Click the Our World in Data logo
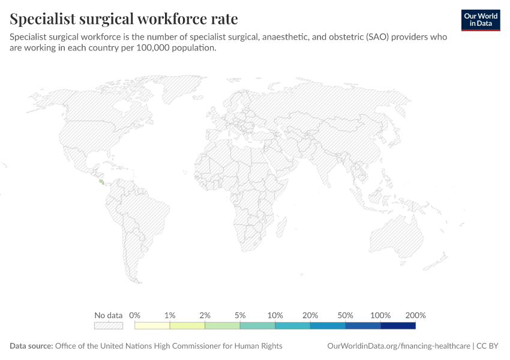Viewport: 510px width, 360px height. [481, 20]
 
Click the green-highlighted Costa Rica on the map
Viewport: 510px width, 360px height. [102, 182]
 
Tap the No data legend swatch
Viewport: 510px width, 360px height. [109, 326]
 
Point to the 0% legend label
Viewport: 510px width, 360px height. [134, 315]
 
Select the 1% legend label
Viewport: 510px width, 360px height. [170, 315]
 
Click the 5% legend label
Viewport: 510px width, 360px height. [240, 315]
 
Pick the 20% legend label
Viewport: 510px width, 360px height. [310, 315]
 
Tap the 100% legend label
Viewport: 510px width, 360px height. [380, 315]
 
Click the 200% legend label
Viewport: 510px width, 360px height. [415, 315]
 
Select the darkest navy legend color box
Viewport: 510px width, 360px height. [398, 326]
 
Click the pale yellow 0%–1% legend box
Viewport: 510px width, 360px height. [152, 326]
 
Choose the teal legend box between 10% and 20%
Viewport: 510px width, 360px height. [293, 326]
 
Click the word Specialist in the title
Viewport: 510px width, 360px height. [43, 19]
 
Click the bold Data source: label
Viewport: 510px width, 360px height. [31, 346]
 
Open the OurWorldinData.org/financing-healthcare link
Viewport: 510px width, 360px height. [398, 346]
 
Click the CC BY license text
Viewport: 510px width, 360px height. [487, 346]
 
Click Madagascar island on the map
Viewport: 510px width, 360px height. [281, 227]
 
